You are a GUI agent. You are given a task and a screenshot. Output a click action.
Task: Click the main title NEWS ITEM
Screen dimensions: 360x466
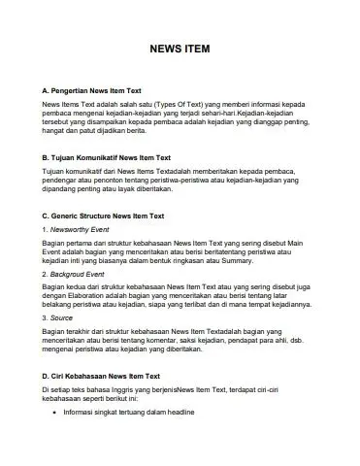(x=180, y=48)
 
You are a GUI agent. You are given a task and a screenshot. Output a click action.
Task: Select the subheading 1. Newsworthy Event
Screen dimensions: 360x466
(x=75, y=229)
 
